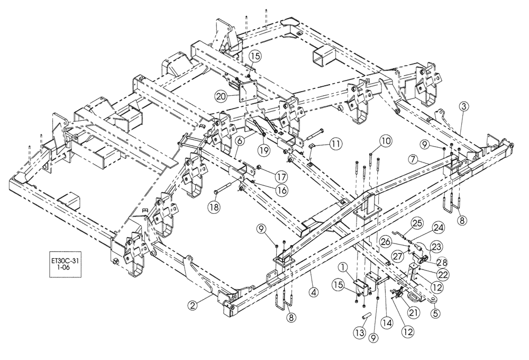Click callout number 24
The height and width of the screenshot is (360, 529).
click(x=439, y=228)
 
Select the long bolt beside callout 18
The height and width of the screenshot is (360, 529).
click(x=227, y=190)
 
